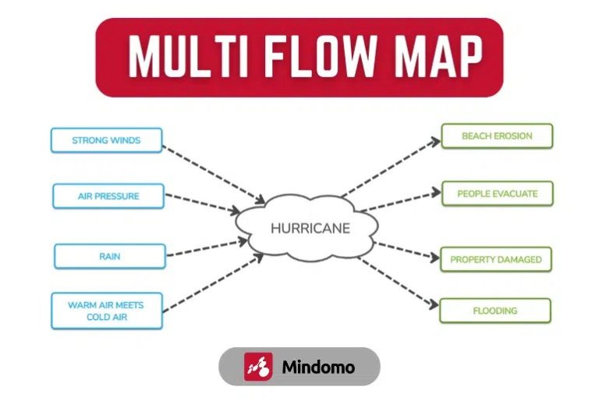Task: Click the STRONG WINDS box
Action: point(106,140)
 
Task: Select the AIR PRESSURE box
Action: point(108,196)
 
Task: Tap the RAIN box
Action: point(109,256)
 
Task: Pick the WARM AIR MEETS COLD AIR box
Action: point(106,311)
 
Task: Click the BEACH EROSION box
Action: point(497,136)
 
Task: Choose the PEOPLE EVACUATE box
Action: point(497,193)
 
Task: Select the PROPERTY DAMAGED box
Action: point(496,259)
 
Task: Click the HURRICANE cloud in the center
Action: point(309,229)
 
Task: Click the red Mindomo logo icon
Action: point(258,367)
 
